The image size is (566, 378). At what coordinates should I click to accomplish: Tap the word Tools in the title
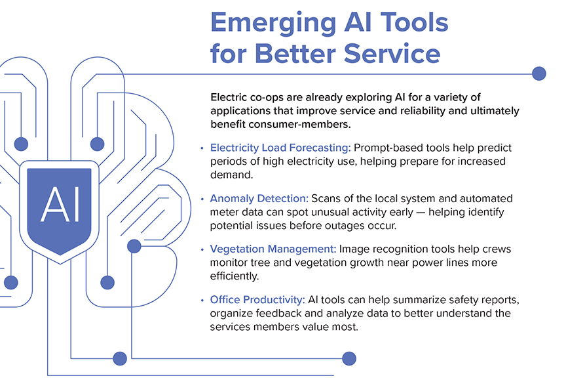415,22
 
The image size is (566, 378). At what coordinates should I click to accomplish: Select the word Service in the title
392,54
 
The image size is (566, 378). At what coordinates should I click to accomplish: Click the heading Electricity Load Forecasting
280,148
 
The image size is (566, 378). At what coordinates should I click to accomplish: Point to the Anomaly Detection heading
259,199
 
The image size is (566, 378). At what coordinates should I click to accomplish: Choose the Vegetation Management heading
273,249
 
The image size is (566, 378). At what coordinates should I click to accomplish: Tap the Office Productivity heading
257,300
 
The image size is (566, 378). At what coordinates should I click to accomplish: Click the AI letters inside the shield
60,204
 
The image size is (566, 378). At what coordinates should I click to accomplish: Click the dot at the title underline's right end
539,73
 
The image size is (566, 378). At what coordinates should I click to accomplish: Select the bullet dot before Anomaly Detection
202,199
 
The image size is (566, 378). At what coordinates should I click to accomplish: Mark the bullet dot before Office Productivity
202,300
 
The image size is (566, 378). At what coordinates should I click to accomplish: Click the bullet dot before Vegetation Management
202,249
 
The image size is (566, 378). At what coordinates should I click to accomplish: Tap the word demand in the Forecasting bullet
232,175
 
